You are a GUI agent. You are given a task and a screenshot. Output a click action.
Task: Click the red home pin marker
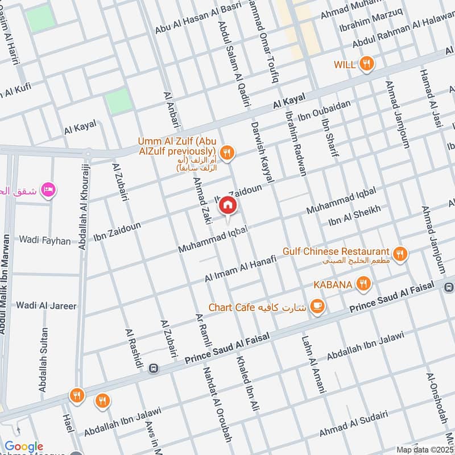(x=227, y=205)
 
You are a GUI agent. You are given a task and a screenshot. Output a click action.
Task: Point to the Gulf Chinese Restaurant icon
(x=400, y=254)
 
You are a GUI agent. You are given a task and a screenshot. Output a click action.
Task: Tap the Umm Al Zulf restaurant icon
(x=227, y=152)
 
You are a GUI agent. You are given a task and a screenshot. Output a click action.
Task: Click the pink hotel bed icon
(x=48, y=189)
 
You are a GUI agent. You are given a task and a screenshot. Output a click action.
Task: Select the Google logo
(x=24, y=447)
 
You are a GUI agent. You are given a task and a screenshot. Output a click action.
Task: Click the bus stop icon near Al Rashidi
(x=152, y=369)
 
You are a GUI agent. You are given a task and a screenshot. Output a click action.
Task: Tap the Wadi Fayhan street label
(x=45, y=241)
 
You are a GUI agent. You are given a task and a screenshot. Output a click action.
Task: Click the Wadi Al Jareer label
(x=46, y=305)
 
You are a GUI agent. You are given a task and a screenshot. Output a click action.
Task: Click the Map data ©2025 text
(x=424, y=449)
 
